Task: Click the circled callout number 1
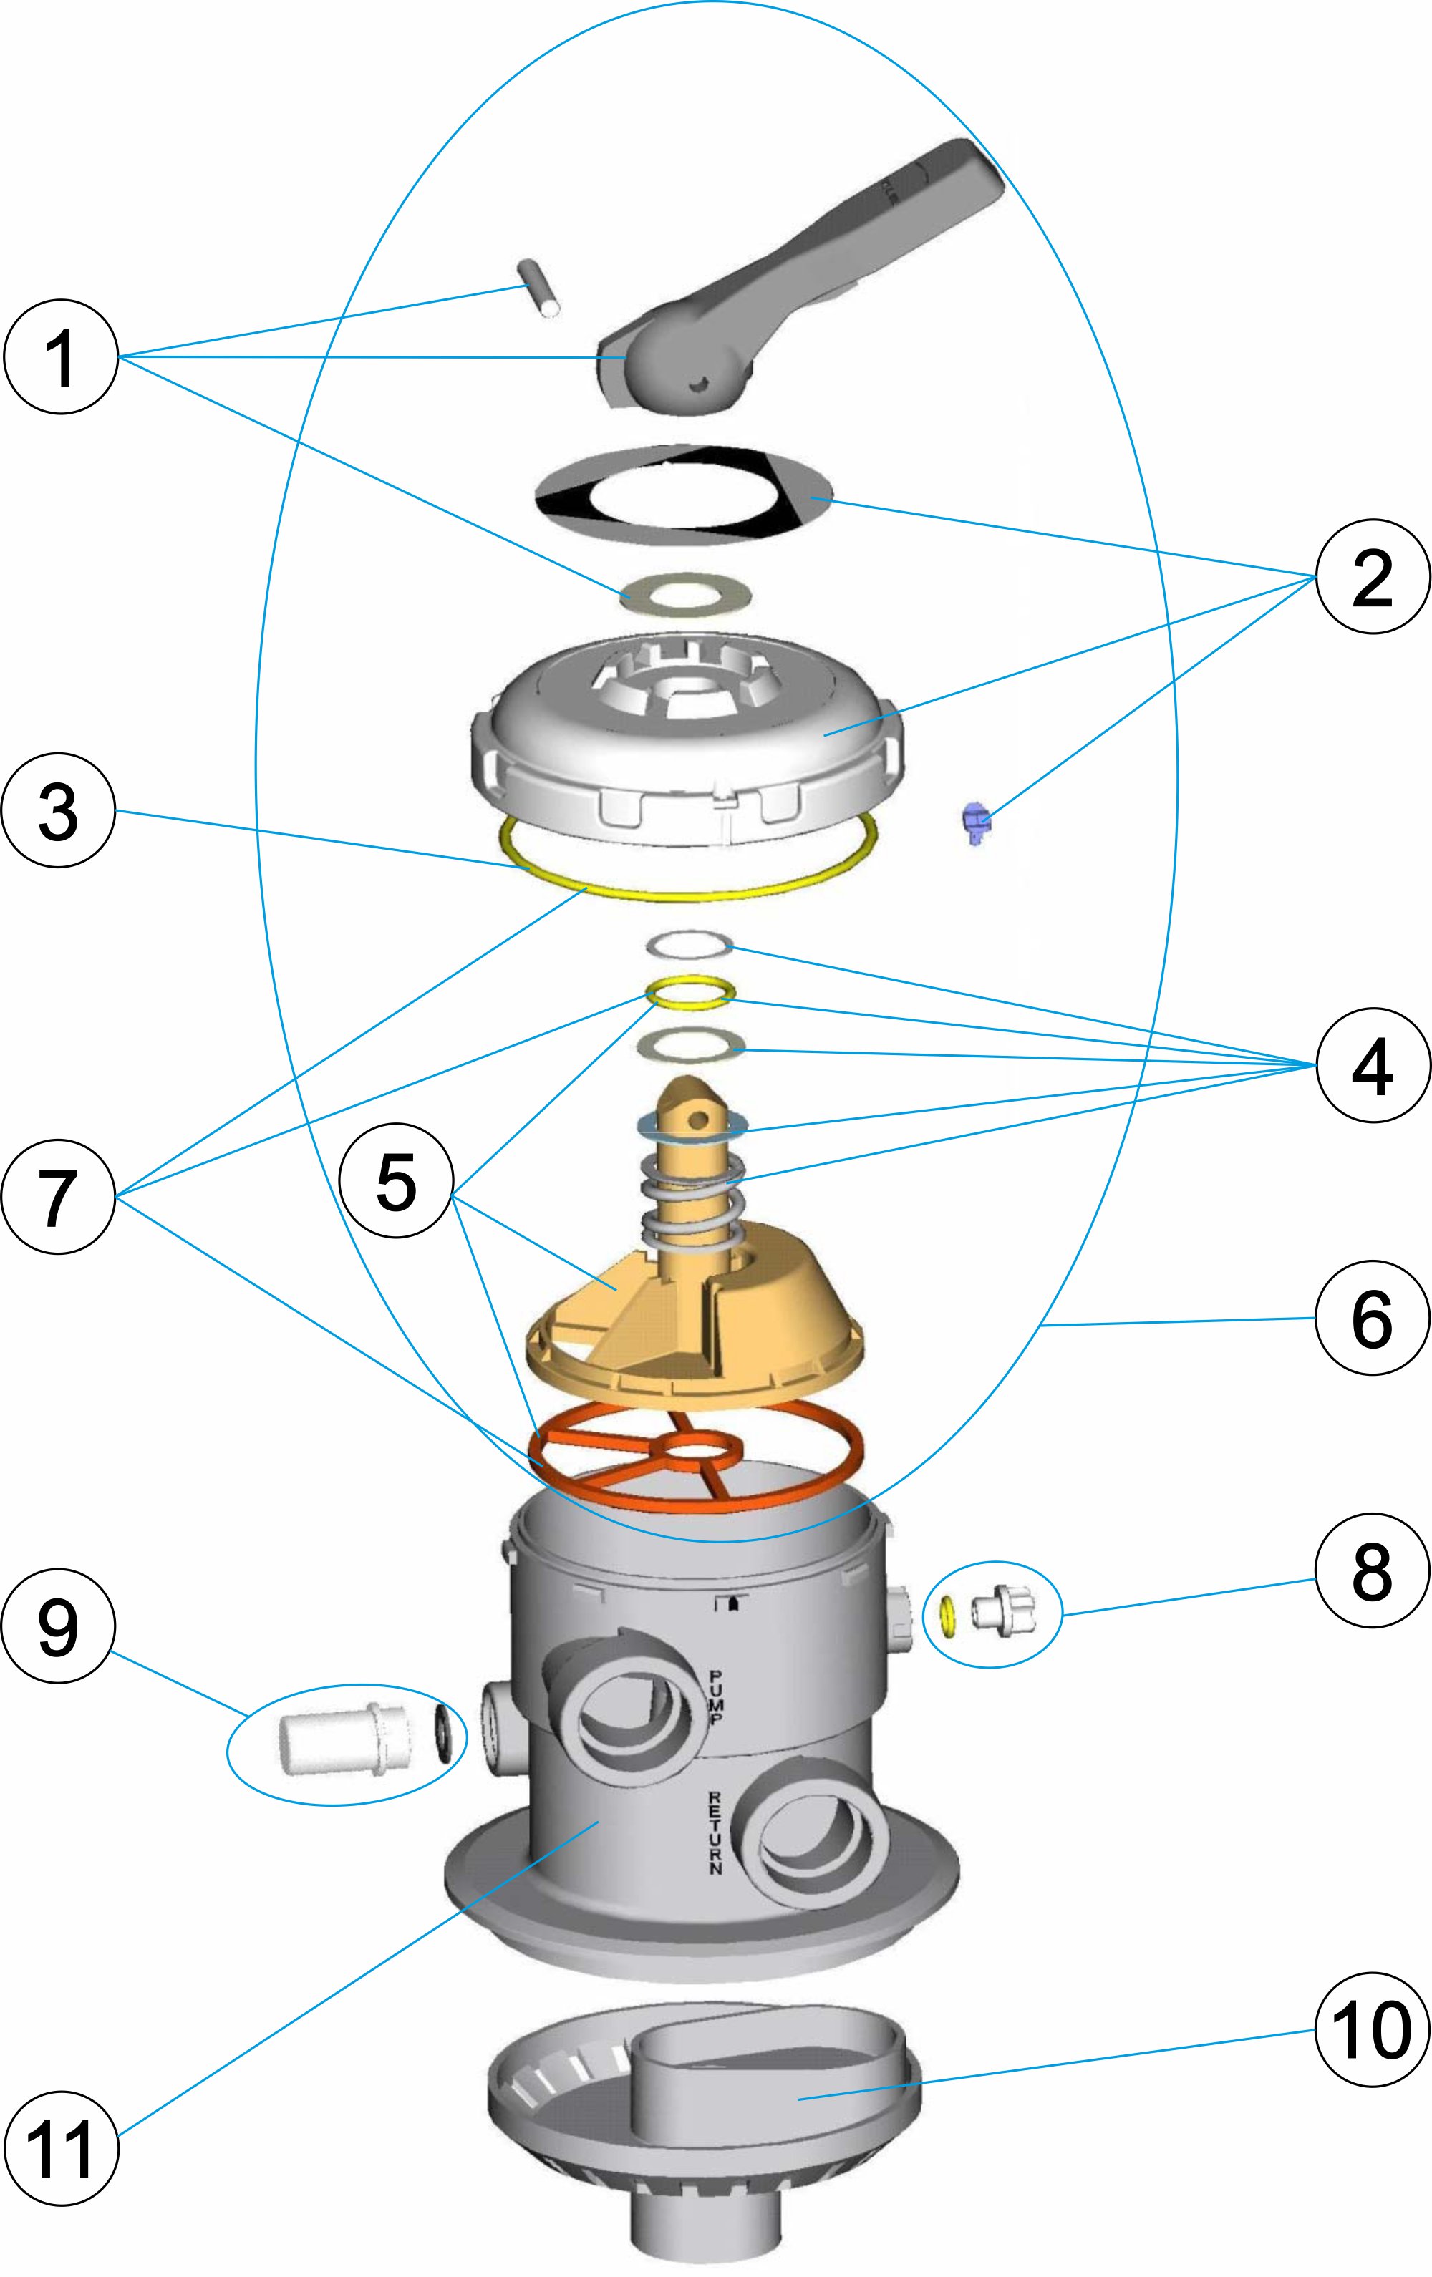(x=61, y=357)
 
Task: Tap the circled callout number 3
(x=59, y=810)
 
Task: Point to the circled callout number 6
(x=1371, y=1317)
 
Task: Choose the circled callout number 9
(x=59, y=1626)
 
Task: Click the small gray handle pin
(x=539, y=288)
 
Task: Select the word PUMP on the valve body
(x=717, y=1697)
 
